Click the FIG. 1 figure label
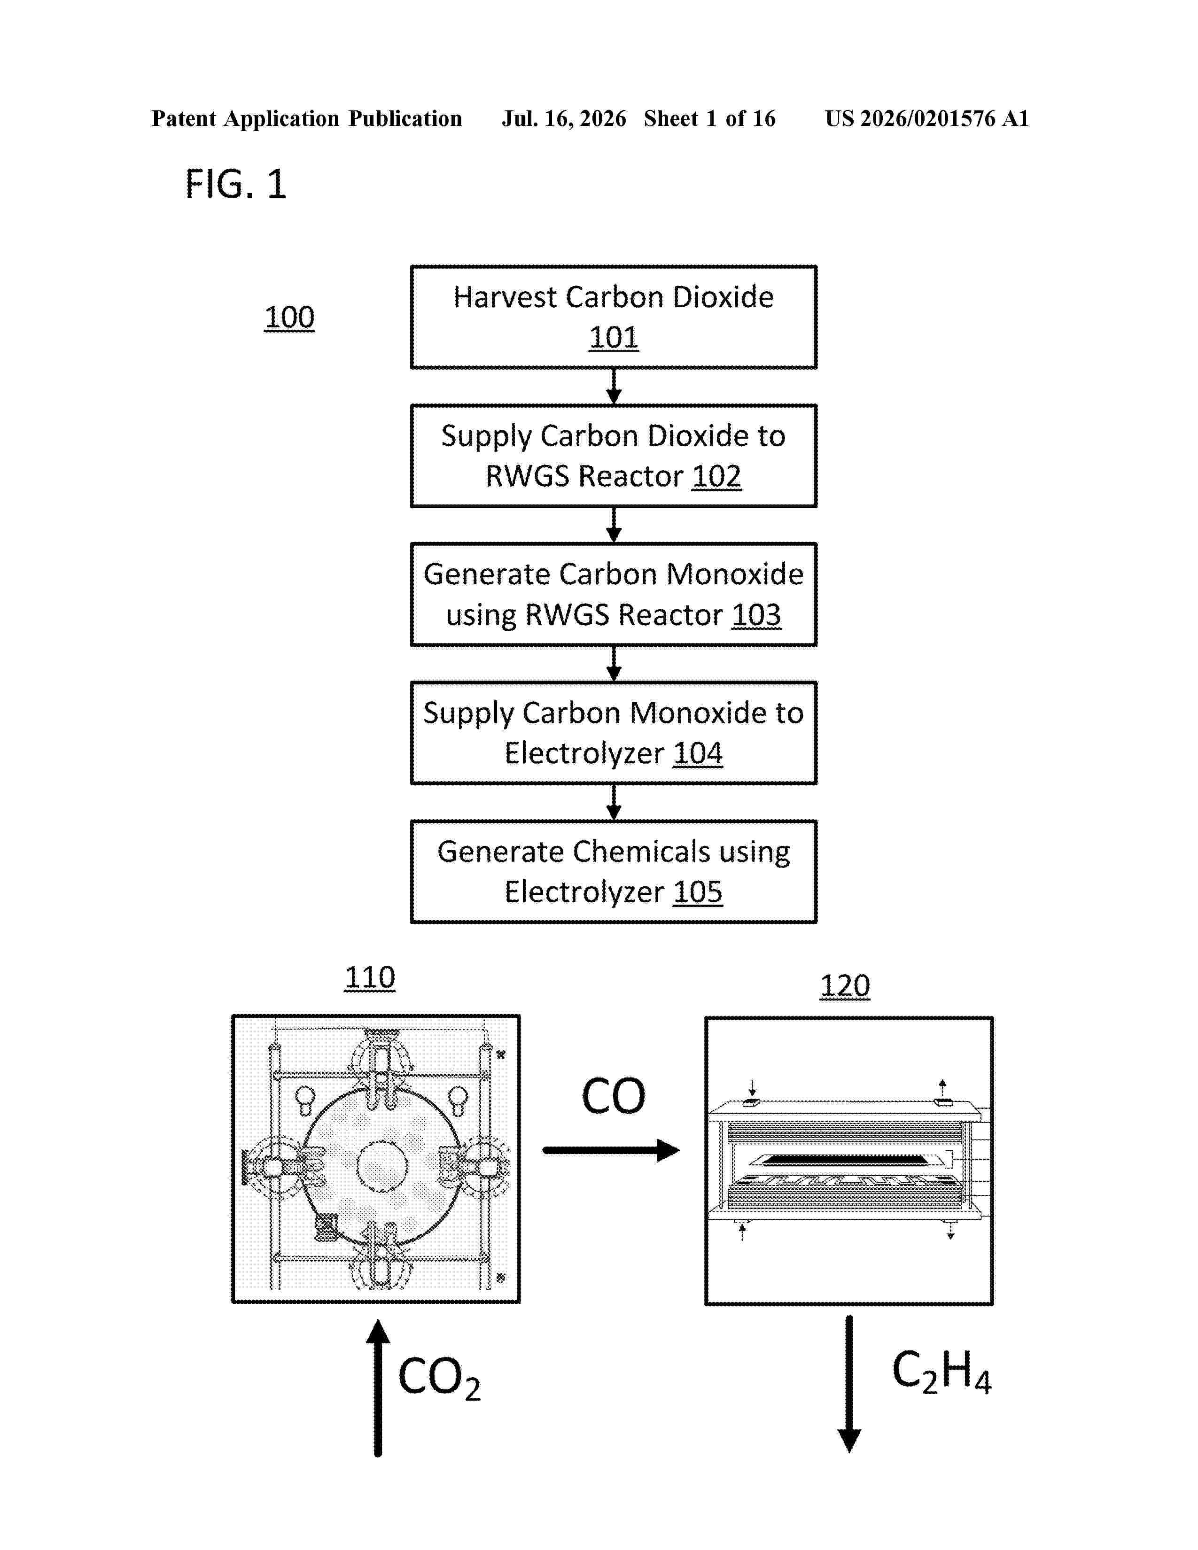236,185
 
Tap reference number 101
614,337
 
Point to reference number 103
756,615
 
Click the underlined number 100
289,317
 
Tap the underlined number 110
370,977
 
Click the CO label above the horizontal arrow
613,1096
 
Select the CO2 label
439,1378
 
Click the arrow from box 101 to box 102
614,387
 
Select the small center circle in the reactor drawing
382,1166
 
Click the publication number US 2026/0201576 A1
927,118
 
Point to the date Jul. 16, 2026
564,118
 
